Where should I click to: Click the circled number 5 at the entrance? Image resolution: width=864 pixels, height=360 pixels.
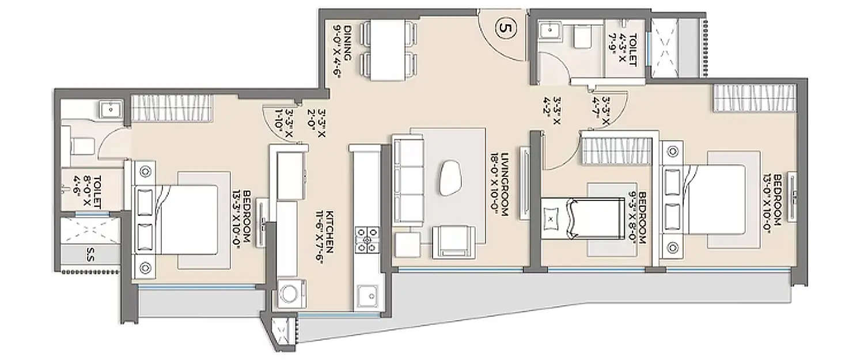tap(504, 28)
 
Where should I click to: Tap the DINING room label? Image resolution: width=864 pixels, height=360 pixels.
tap(342, 49)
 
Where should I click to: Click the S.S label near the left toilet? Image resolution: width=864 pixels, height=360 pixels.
tap(91, 253)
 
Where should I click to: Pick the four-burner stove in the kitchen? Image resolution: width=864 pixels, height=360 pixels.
tap(367, 240)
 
